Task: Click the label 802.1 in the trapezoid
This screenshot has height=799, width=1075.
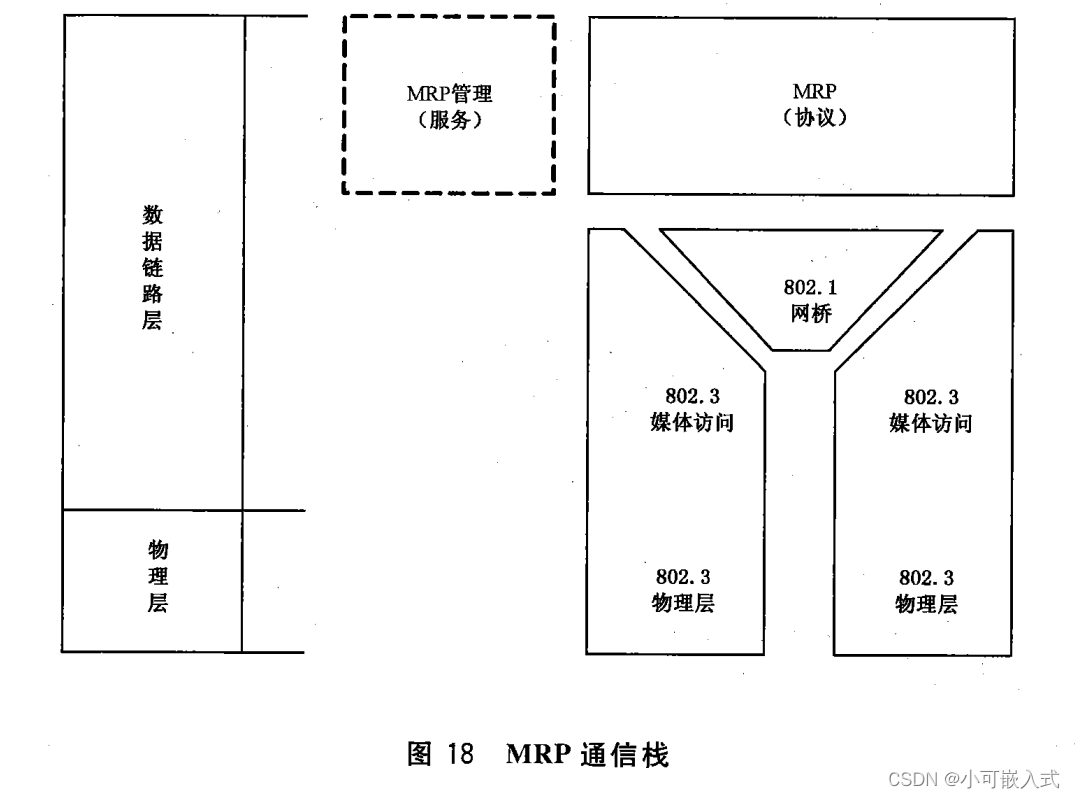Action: (810, 288)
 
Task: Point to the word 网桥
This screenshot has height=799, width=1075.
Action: (810, 314)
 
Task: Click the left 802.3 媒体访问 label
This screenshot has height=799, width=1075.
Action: (692, 410)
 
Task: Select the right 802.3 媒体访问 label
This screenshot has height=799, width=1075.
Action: (931, 410)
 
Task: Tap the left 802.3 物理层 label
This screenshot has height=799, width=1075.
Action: (684, 591)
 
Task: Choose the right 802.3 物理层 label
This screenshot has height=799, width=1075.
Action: (926, 591)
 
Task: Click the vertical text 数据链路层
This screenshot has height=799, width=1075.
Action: (153, 268)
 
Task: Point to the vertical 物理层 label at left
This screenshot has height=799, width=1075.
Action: (157, 576)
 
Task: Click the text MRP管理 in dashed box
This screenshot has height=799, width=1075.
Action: (449, 94)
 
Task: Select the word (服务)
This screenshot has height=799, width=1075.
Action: (449, 121)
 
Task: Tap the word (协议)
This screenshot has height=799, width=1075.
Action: (814, 118)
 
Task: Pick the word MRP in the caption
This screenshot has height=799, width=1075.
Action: (540, 755)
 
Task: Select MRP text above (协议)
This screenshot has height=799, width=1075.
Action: (814, 92)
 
